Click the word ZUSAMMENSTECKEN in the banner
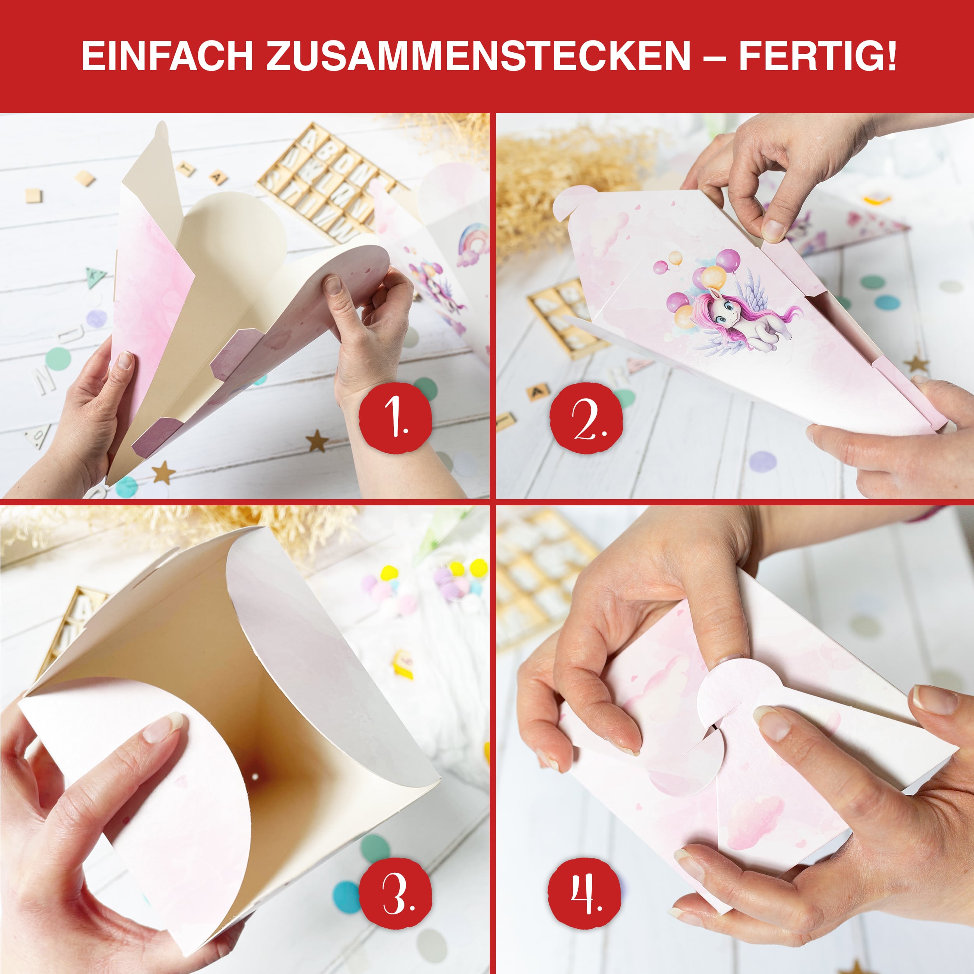click(x=478, y=56)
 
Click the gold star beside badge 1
click(x=317, y=441)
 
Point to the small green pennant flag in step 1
click(x=95, y=276)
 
